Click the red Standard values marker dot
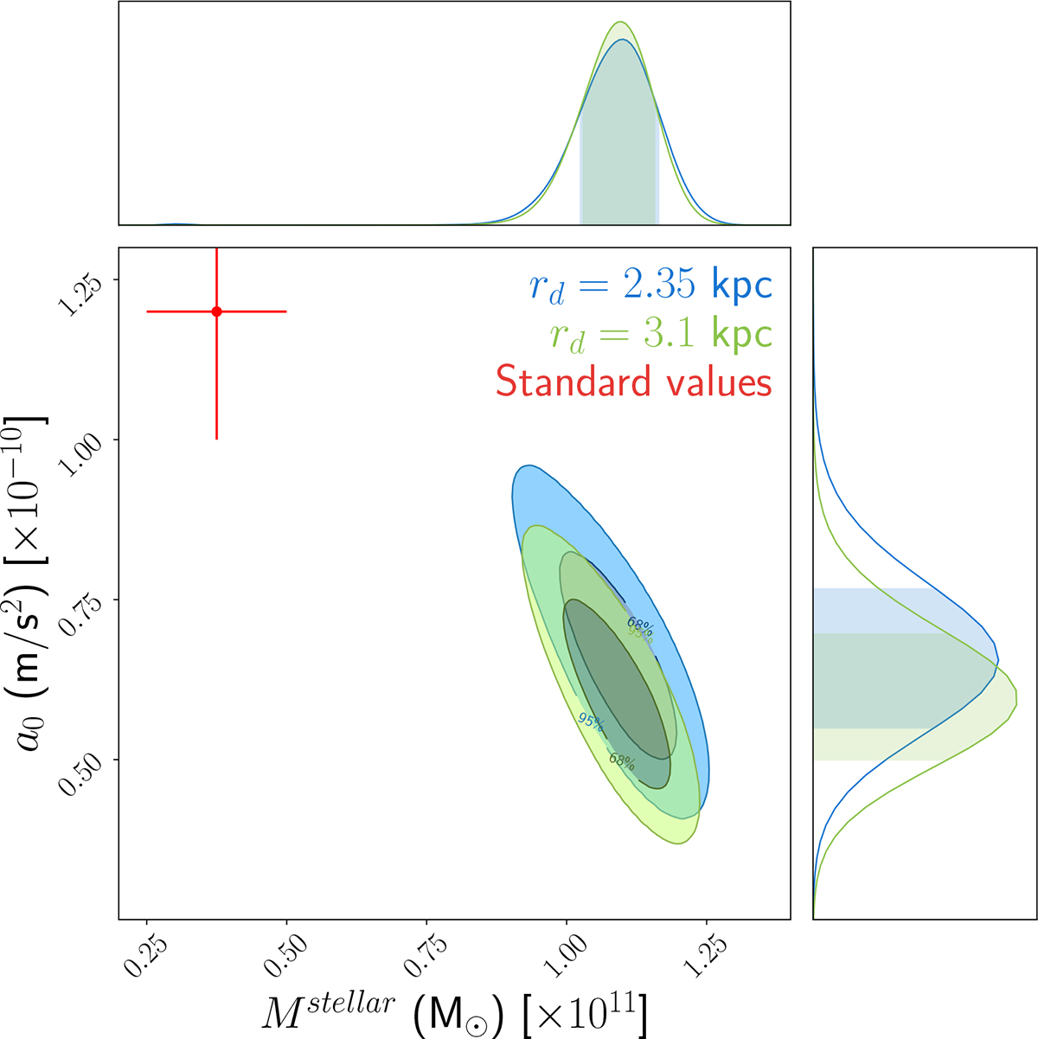point(216,311)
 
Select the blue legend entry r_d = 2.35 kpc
point(650,285)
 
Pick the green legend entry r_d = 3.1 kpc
point(660,334)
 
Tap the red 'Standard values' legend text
point(633,382)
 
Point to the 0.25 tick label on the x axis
point(144,955)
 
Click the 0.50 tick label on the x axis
point(284,955)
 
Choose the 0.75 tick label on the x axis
point(424,955)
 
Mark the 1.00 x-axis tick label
point(564,955)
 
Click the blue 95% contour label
point(592,721)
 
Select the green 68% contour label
point(621,760)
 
